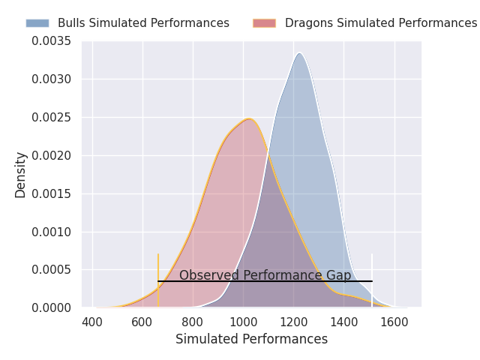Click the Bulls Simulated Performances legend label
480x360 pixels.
143,23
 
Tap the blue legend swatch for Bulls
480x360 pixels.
37,23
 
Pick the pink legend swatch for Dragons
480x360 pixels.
264,23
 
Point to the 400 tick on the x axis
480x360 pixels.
92,322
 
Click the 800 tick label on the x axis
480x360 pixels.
193,322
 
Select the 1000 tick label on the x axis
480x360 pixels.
243,322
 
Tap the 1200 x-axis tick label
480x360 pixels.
293,322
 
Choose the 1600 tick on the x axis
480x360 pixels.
394,322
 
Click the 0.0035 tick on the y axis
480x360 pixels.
51,40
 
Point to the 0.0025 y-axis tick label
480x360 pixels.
51,117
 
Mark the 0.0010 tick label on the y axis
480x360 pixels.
51,232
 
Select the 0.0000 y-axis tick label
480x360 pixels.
51,307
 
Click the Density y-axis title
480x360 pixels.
21,174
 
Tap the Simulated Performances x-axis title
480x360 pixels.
251,339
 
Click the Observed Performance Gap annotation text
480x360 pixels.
265,275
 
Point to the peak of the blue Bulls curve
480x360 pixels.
299,53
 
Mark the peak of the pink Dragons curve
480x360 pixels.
248,118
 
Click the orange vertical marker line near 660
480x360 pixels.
158,279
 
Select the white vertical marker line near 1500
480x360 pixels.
372,279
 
